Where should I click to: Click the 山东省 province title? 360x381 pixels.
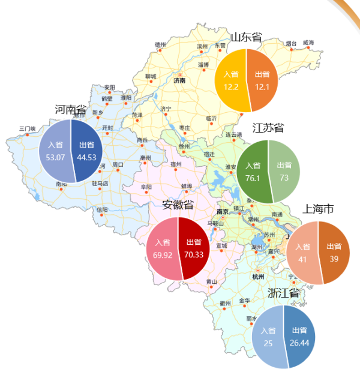(247, 37)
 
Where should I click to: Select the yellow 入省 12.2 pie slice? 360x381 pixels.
(231, 80)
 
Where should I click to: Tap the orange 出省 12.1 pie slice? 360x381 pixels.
(262, 80)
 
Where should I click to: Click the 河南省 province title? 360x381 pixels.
(71, 109)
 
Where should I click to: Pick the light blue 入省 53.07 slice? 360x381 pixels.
(55, 151)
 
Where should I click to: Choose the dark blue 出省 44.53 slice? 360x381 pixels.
(88, 151)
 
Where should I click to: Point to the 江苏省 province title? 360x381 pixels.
(268, 128)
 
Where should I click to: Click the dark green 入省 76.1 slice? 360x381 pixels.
(253, 172)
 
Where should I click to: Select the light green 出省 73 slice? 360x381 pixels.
(284, 172)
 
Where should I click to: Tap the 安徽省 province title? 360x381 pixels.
(178, 205)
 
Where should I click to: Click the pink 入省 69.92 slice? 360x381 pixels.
(162, 248)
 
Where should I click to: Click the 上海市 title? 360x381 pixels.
(319, 209)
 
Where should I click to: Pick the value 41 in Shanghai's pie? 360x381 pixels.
(302, 259)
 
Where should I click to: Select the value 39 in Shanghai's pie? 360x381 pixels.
(334, 259)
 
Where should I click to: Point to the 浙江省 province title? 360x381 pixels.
(283, 293)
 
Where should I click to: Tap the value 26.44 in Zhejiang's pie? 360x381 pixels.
(299, 343)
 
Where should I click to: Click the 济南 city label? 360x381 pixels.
(179, 80)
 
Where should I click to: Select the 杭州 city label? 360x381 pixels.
(258, 277)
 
